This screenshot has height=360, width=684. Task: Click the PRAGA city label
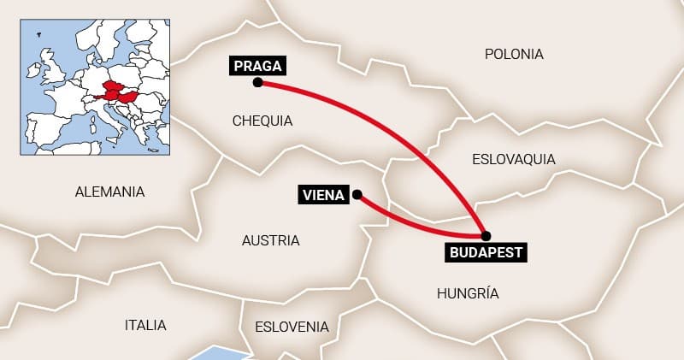coord(256,65)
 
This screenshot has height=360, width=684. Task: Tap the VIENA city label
coord(324,195)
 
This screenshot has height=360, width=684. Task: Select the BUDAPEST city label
coord(486,252)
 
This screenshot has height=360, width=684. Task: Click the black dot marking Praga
coord(257,83)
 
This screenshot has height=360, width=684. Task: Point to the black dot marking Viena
coord(357,195)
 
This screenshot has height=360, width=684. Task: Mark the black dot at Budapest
coord(486,235)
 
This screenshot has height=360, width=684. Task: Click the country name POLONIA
coord(513,54)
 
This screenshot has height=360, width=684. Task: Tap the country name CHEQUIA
coord(262,121)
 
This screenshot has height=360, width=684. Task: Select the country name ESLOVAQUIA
coord(513,159)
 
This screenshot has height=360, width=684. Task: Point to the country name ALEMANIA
coord(109,192)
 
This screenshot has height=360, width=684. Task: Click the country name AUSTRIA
coord(270,240)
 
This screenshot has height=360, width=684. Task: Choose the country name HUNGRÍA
coord(467,293)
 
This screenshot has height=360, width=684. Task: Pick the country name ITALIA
coord(145,325)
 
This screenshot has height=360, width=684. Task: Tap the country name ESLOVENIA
coord(292,327)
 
